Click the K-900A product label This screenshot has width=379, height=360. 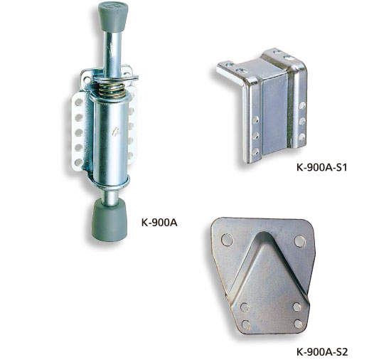159,223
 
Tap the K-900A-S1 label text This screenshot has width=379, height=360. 321,167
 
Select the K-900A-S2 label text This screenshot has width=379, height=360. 322,351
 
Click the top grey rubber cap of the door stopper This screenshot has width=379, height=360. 113,16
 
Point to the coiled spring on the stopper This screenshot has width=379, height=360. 112,90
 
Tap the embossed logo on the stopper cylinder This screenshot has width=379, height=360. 117,132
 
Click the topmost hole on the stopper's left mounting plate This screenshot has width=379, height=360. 79,102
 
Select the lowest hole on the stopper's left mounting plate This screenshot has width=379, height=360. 78,162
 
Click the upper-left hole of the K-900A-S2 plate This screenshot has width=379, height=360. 227,240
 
